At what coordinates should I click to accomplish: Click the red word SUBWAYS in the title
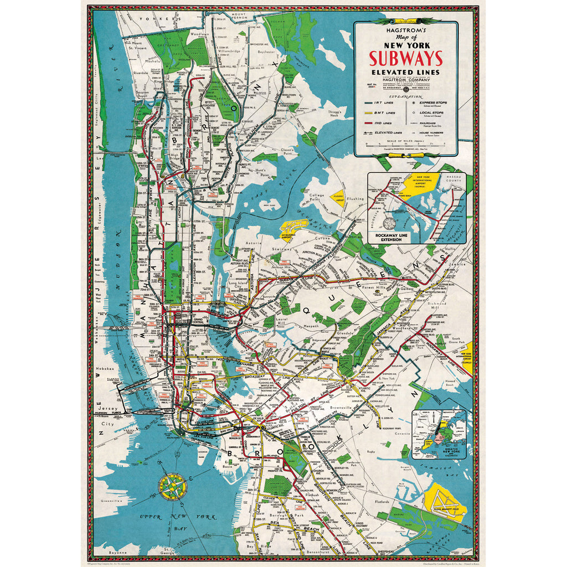pos(406,58)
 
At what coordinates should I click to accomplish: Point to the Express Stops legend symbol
pos(414,103)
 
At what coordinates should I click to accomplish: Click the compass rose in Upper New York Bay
pos(172,485)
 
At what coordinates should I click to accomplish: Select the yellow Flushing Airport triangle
pos(337,197)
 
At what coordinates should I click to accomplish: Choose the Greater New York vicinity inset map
pos(439,434)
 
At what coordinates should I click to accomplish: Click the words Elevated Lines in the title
pos(406,72)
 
